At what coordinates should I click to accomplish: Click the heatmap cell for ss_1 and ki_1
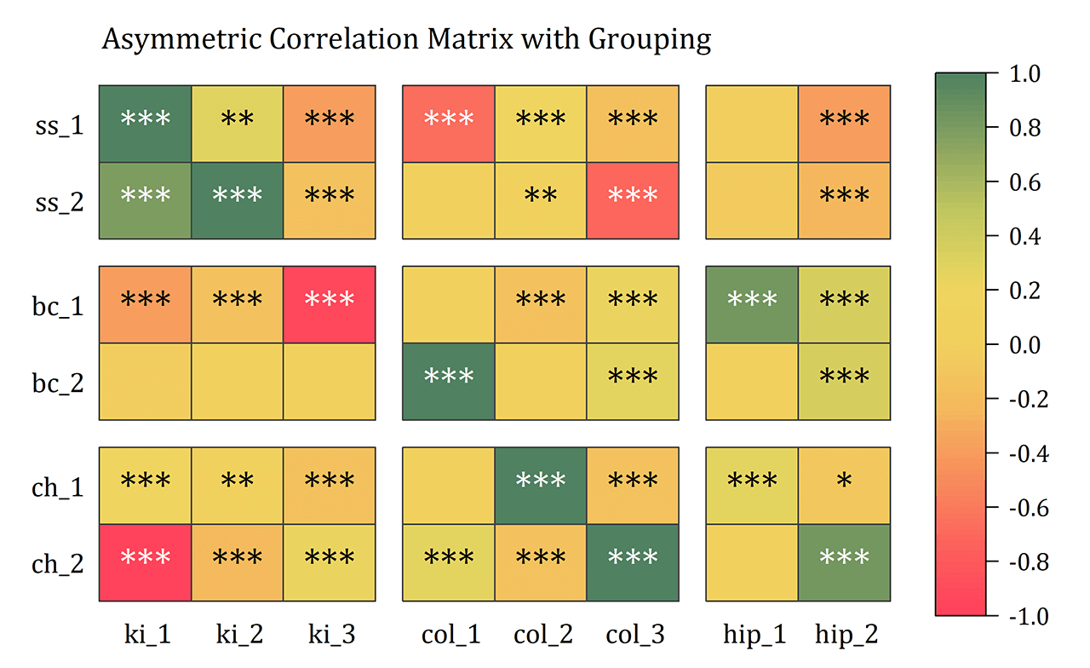coord(145,124)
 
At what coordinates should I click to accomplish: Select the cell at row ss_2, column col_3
coord(632,200)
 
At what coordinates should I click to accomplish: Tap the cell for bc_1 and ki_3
coord(329,304)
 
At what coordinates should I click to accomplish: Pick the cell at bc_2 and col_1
coord(448,381)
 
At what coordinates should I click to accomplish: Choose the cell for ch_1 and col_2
coord(540,485)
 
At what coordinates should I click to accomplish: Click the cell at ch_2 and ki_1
coord(145,561)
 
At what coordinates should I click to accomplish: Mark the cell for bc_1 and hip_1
coord(752,304)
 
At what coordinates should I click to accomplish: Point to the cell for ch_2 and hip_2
coord(844,561)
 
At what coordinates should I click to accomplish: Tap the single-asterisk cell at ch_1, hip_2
coord(844,485)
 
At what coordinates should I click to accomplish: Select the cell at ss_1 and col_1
coord(448,124)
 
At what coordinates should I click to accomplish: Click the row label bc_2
coord(58,382)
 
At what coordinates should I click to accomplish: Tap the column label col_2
coord(543,635)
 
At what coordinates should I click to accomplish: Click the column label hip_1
coord(754,635)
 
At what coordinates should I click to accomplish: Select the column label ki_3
coord(331,635)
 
